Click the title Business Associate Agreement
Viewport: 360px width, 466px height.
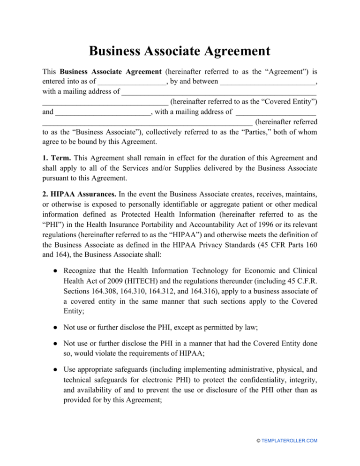(x=180, y=50)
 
